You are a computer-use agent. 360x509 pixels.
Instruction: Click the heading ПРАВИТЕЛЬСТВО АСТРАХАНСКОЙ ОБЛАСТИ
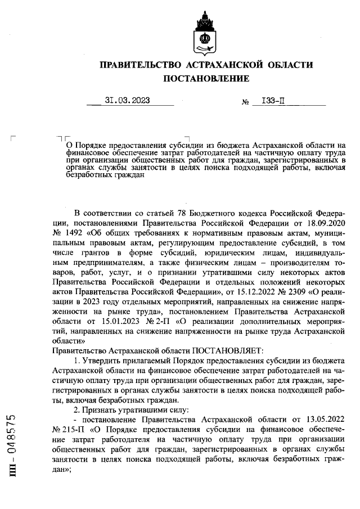click(206, 66)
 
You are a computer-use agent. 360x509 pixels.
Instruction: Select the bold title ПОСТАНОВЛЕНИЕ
click(206, 79)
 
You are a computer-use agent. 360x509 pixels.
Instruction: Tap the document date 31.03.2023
click(127, 101)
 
